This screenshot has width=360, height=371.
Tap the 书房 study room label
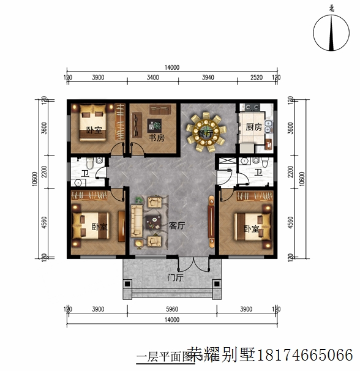point(157,138)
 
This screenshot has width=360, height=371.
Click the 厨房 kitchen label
point(253,127)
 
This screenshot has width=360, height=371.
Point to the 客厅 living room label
point(177,225)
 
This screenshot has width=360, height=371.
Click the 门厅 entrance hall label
point(175,277)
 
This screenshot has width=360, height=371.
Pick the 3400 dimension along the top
point(153,78)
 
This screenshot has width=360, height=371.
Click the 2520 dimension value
point(257,78)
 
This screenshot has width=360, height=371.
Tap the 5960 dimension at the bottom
point(173,310)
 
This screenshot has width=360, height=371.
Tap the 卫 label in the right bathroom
point(258,173)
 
